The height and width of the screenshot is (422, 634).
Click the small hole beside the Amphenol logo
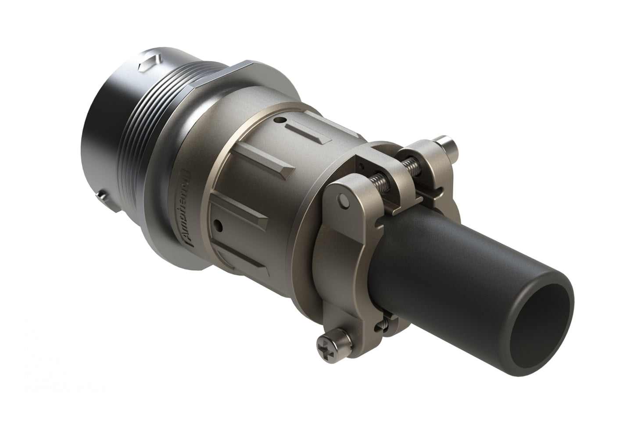[x=218, y=225]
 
